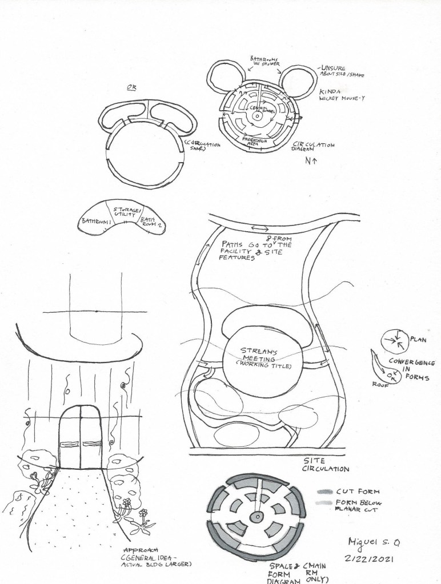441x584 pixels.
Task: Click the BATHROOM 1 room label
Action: [x=96, y=220]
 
